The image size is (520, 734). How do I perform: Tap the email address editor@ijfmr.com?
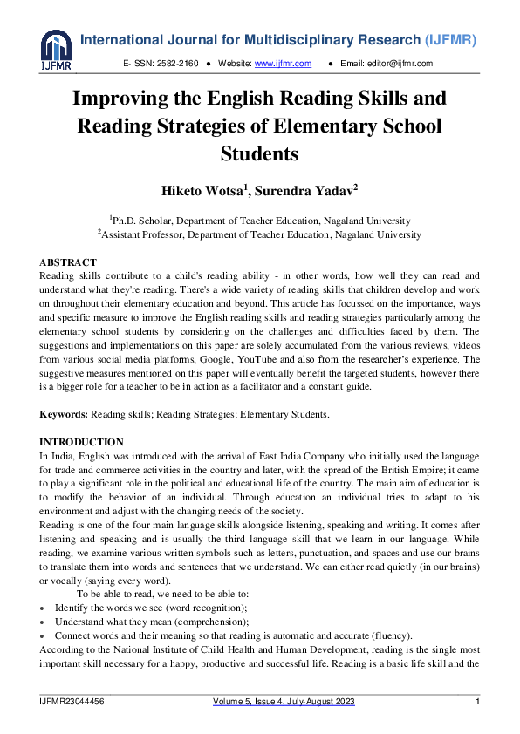pyautogui.click(x=399, y=64)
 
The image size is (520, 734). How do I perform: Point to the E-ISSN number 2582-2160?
pyautogui.click(x=179, y=64)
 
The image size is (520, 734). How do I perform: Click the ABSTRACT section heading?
pyautogui.click(x=68, y=262)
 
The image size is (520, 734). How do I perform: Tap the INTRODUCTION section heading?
pyautogui.click(x=81, y=442)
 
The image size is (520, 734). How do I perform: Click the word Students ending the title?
pyautogui.click(x=260, y=154)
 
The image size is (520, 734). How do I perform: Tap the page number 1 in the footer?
pyautogui.click(x=477, y=703)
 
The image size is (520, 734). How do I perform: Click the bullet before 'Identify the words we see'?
pyautogui.click(x=43, y=607)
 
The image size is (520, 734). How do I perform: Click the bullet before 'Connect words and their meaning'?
pyautogui.click(x=43, y=635)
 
